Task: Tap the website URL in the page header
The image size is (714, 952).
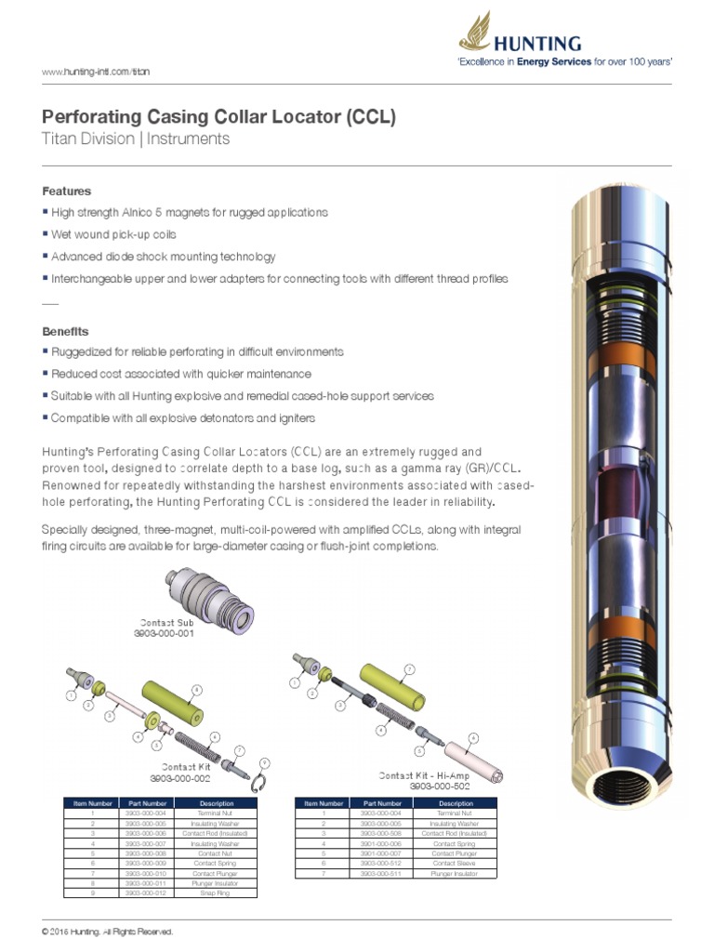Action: click(97, 71)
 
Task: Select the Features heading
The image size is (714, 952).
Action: click(67, 191)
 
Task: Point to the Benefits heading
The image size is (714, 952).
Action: click(66, 331)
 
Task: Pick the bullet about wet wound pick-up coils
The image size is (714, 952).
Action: click(113, 234)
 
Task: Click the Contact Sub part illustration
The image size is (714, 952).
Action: click(208, 594)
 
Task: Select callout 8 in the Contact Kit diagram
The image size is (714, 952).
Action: click(196, 689)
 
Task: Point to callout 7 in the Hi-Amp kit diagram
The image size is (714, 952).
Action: click(408, 668)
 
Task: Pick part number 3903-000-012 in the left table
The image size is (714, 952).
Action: click(148, 892)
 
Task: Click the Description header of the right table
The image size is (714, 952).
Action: click(456, 802)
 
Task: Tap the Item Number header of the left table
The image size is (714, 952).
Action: click(87, 802)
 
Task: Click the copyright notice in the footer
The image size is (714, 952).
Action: click(108, 931)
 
